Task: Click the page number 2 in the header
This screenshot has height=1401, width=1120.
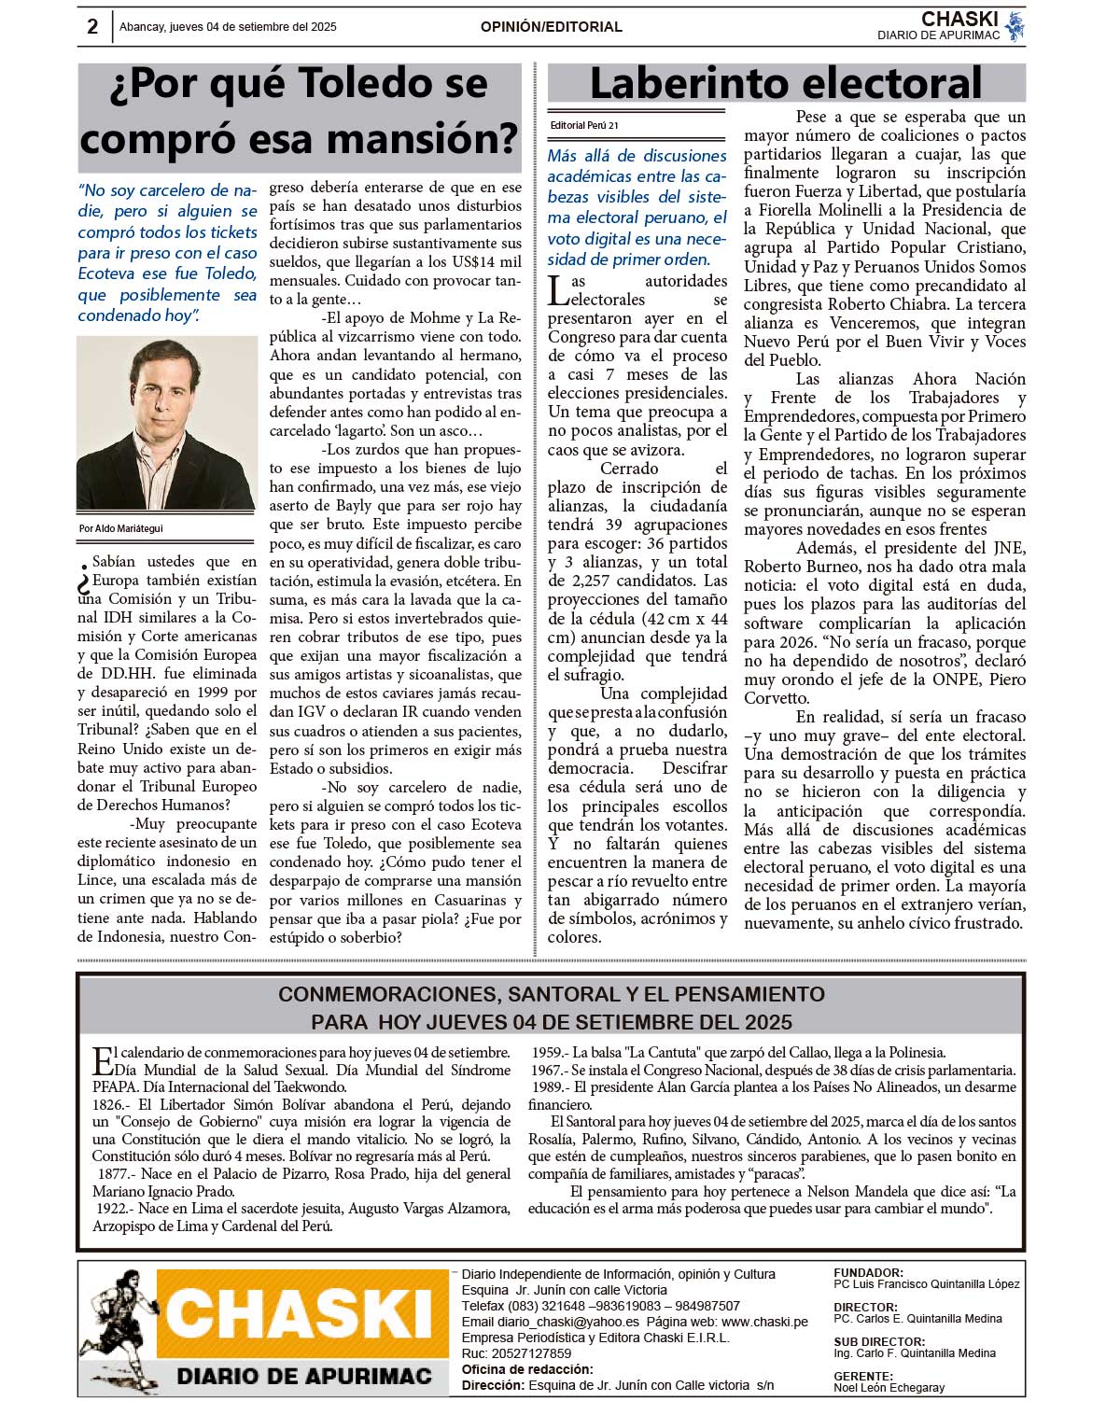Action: [x=92, y=27]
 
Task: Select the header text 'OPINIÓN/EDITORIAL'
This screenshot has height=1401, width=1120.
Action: [x=552, y=27]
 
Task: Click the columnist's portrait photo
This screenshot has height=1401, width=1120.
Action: [x=167, y=424]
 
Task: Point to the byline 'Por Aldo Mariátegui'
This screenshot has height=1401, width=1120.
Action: [x=121, y=528]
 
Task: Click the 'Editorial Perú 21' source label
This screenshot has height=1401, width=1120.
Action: [x=584, y=125]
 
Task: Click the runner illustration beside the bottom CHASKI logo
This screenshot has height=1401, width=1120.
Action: [x=117, y=1325]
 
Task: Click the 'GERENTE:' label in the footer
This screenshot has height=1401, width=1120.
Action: [x=863, y=1376]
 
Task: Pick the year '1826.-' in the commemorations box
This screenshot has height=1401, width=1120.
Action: [x=113, y=1105]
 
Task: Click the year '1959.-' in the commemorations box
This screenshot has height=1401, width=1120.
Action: [x=550, y=1053]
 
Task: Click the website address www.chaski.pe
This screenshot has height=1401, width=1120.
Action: [x=764, y=1322]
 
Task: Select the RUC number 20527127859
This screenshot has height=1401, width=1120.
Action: [x=530, y=1353]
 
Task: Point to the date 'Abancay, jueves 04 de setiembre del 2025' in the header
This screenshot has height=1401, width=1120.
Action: [x=228, y=27]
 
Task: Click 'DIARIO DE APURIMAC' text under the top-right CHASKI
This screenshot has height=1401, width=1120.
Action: [x=938, y=35]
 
